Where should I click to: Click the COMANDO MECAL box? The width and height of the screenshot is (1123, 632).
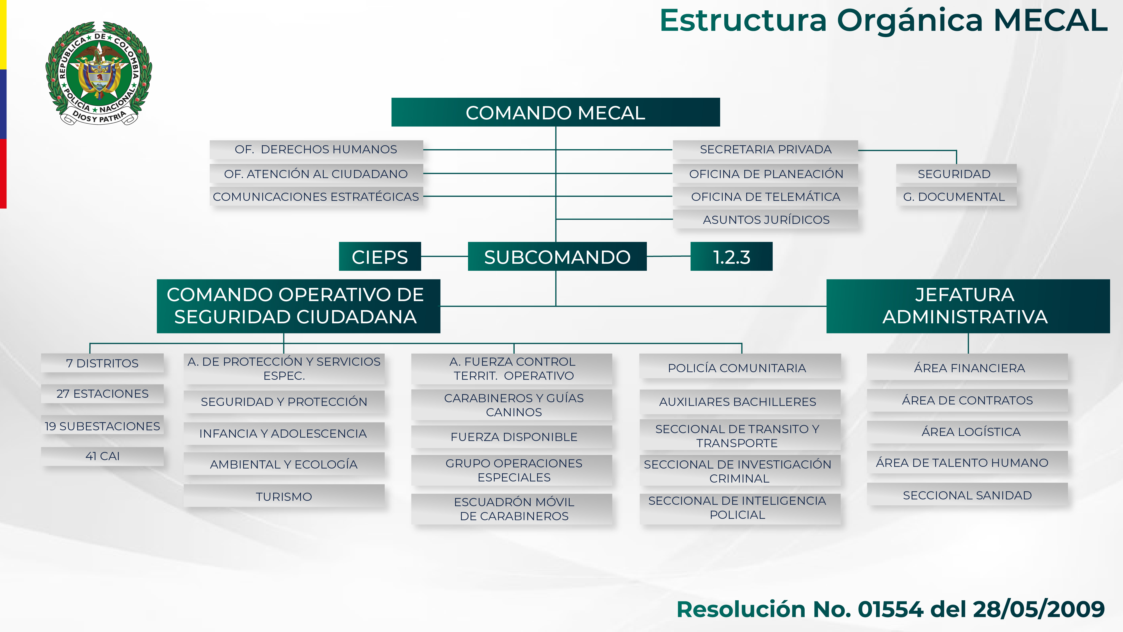(x=555, y=113)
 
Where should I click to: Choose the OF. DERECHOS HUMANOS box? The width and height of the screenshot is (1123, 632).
(x=316, y=150)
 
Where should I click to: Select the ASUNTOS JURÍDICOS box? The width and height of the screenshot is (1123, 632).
(x=766, y=219)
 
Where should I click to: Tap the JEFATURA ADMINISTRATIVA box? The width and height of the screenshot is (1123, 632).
(x=967, y=306)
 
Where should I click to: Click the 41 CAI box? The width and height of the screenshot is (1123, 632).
(x=102, y=456)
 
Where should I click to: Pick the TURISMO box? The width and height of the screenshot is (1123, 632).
(x=284, y=496)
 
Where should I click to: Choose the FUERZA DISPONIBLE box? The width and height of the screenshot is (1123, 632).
(x=513, y=437)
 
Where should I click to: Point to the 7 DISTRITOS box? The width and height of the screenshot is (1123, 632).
(x=102, y=363)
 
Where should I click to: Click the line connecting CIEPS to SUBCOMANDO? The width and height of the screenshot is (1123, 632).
(x=444, y=256)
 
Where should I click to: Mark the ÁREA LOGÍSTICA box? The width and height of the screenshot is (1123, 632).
(x=971, y=432)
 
